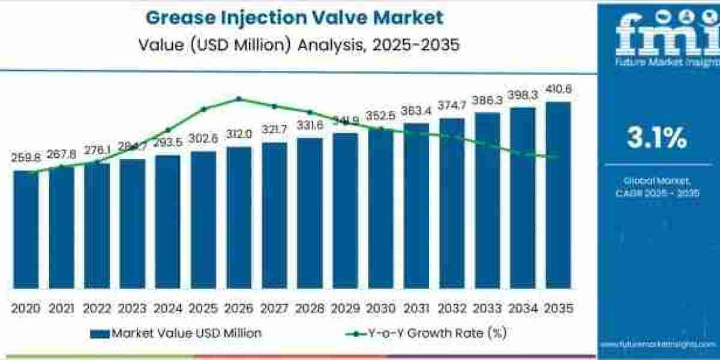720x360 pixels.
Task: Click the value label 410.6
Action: (558, 89)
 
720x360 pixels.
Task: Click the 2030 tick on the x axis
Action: (381, 308)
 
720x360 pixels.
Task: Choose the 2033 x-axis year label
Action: (487, 308)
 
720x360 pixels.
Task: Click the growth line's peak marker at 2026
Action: (239, 99)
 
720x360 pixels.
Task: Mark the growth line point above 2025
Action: (203, 109)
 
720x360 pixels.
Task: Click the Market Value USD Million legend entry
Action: (176, 333)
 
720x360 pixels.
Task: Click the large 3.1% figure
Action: (657, 139)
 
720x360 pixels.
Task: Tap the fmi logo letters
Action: (657, 36)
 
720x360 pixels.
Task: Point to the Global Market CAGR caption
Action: (657, 187)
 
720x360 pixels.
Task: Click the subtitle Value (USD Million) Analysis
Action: (294, 44)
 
